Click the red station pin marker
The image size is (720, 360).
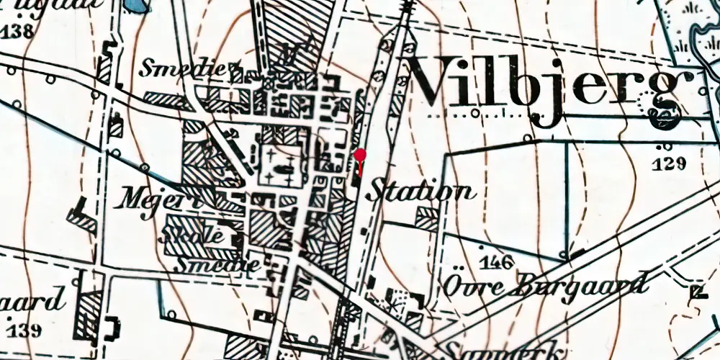pos(361,155)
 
